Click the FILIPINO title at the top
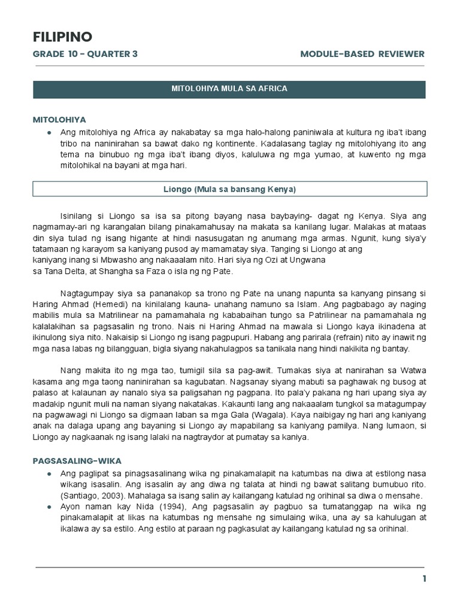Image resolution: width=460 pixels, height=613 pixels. pos(62,37)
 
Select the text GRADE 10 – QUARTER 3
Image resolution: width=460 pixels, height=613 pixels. pos(85,54)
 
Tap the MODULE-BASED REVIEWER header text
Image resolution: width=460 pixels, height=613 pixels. pos(362,54)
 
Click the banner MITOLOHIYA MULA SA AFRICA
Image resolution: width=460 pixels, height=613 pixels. pos(230,89)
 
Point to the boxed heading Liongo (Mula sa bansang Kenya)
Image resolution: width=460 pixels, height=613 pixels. pos(230,189)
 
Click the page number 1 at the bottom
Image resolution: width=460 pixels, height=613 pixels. pos(424,578)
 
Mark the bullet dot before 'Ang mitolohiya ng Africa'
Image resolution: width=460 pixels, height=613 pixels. pos(48,132)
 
